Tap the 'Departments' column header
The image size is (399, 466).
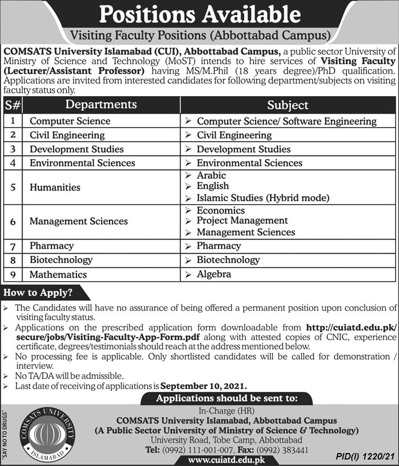(x=101, y=105)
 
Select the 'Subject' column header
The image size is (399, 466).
(x=288, y=105)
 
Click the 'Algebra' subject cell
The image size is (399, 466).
(x=214, y=274)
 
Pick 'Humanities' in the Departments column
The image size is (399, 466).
(x=55, y=187)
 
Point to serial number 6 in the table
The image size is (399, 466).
(x=12, y=221)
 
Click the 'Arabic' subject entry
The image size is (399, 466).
(x=211, y=175)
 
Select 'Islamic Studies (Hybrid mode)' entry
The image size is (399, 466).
(x=262, y=198)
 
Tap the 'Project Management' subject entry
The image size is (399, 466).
(x=242, y=221)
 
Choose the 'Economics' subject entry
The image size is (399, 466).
(x=221, y=210)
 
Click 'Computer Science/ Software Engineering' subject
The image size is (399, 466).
(x=287, y=121)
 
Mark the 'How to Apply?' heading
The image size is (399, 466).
(x=39, y=293)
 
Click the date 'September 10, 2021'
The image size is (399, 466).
(x=203, y=386)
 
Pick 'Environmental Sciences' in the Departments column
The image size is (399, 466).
(x=82, y=163)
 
